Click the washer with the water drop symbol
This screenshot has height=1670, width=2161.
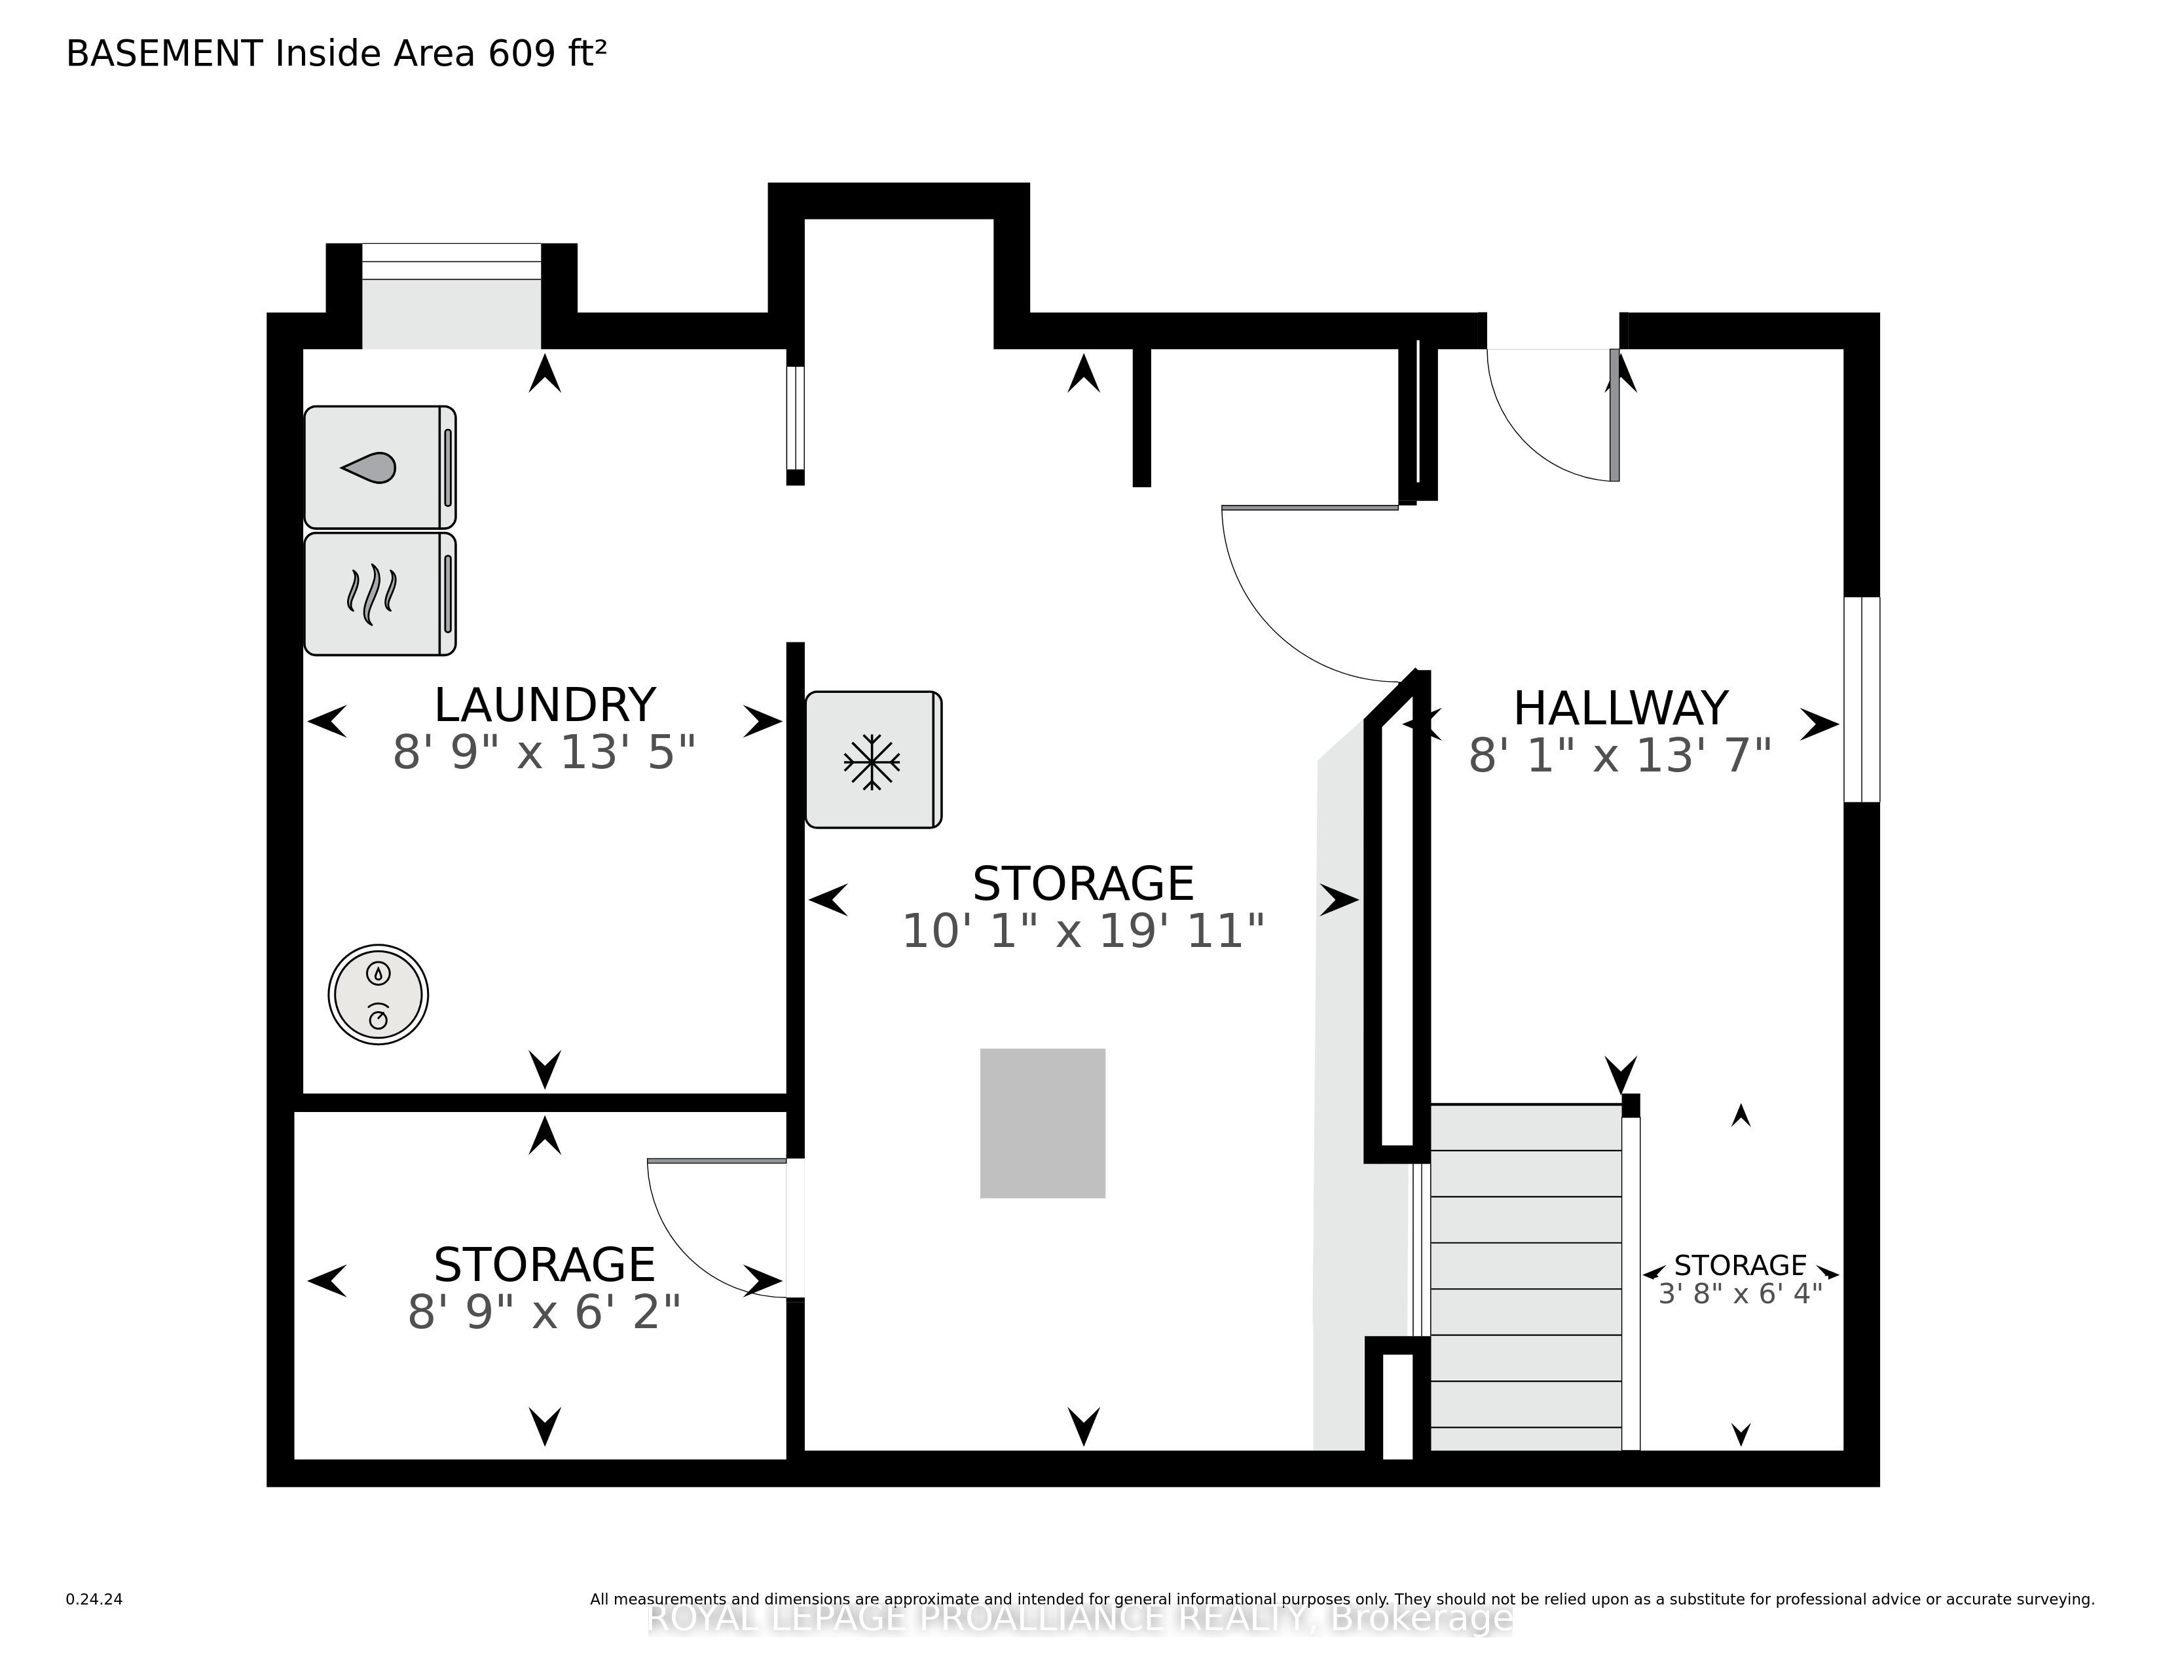tap(380, 467)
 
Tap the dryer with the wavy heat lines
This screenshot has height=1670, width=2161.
tap(380, 593)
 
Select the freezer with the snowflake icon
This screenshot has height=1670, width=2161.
tap(874, 760)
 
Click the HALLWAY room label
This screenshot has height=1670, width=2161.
tap(1621, 709)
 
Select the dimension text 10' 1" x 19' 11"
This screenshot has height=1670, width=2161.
tap(1084, 931)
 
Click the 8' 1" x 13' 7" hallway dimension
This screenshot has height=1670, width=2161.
tap(1619, 756)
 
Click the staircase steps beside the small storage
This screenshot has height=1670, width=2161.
tap(1526, 1277)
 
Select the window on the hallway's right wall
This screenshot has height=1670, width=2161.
tap(1861, 699)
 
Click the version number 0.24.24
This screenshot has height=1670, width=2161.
tap(94, 1599)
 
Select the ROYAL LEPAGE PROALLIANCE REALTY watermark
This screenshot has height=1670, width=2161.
tap(1080, 1618)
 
